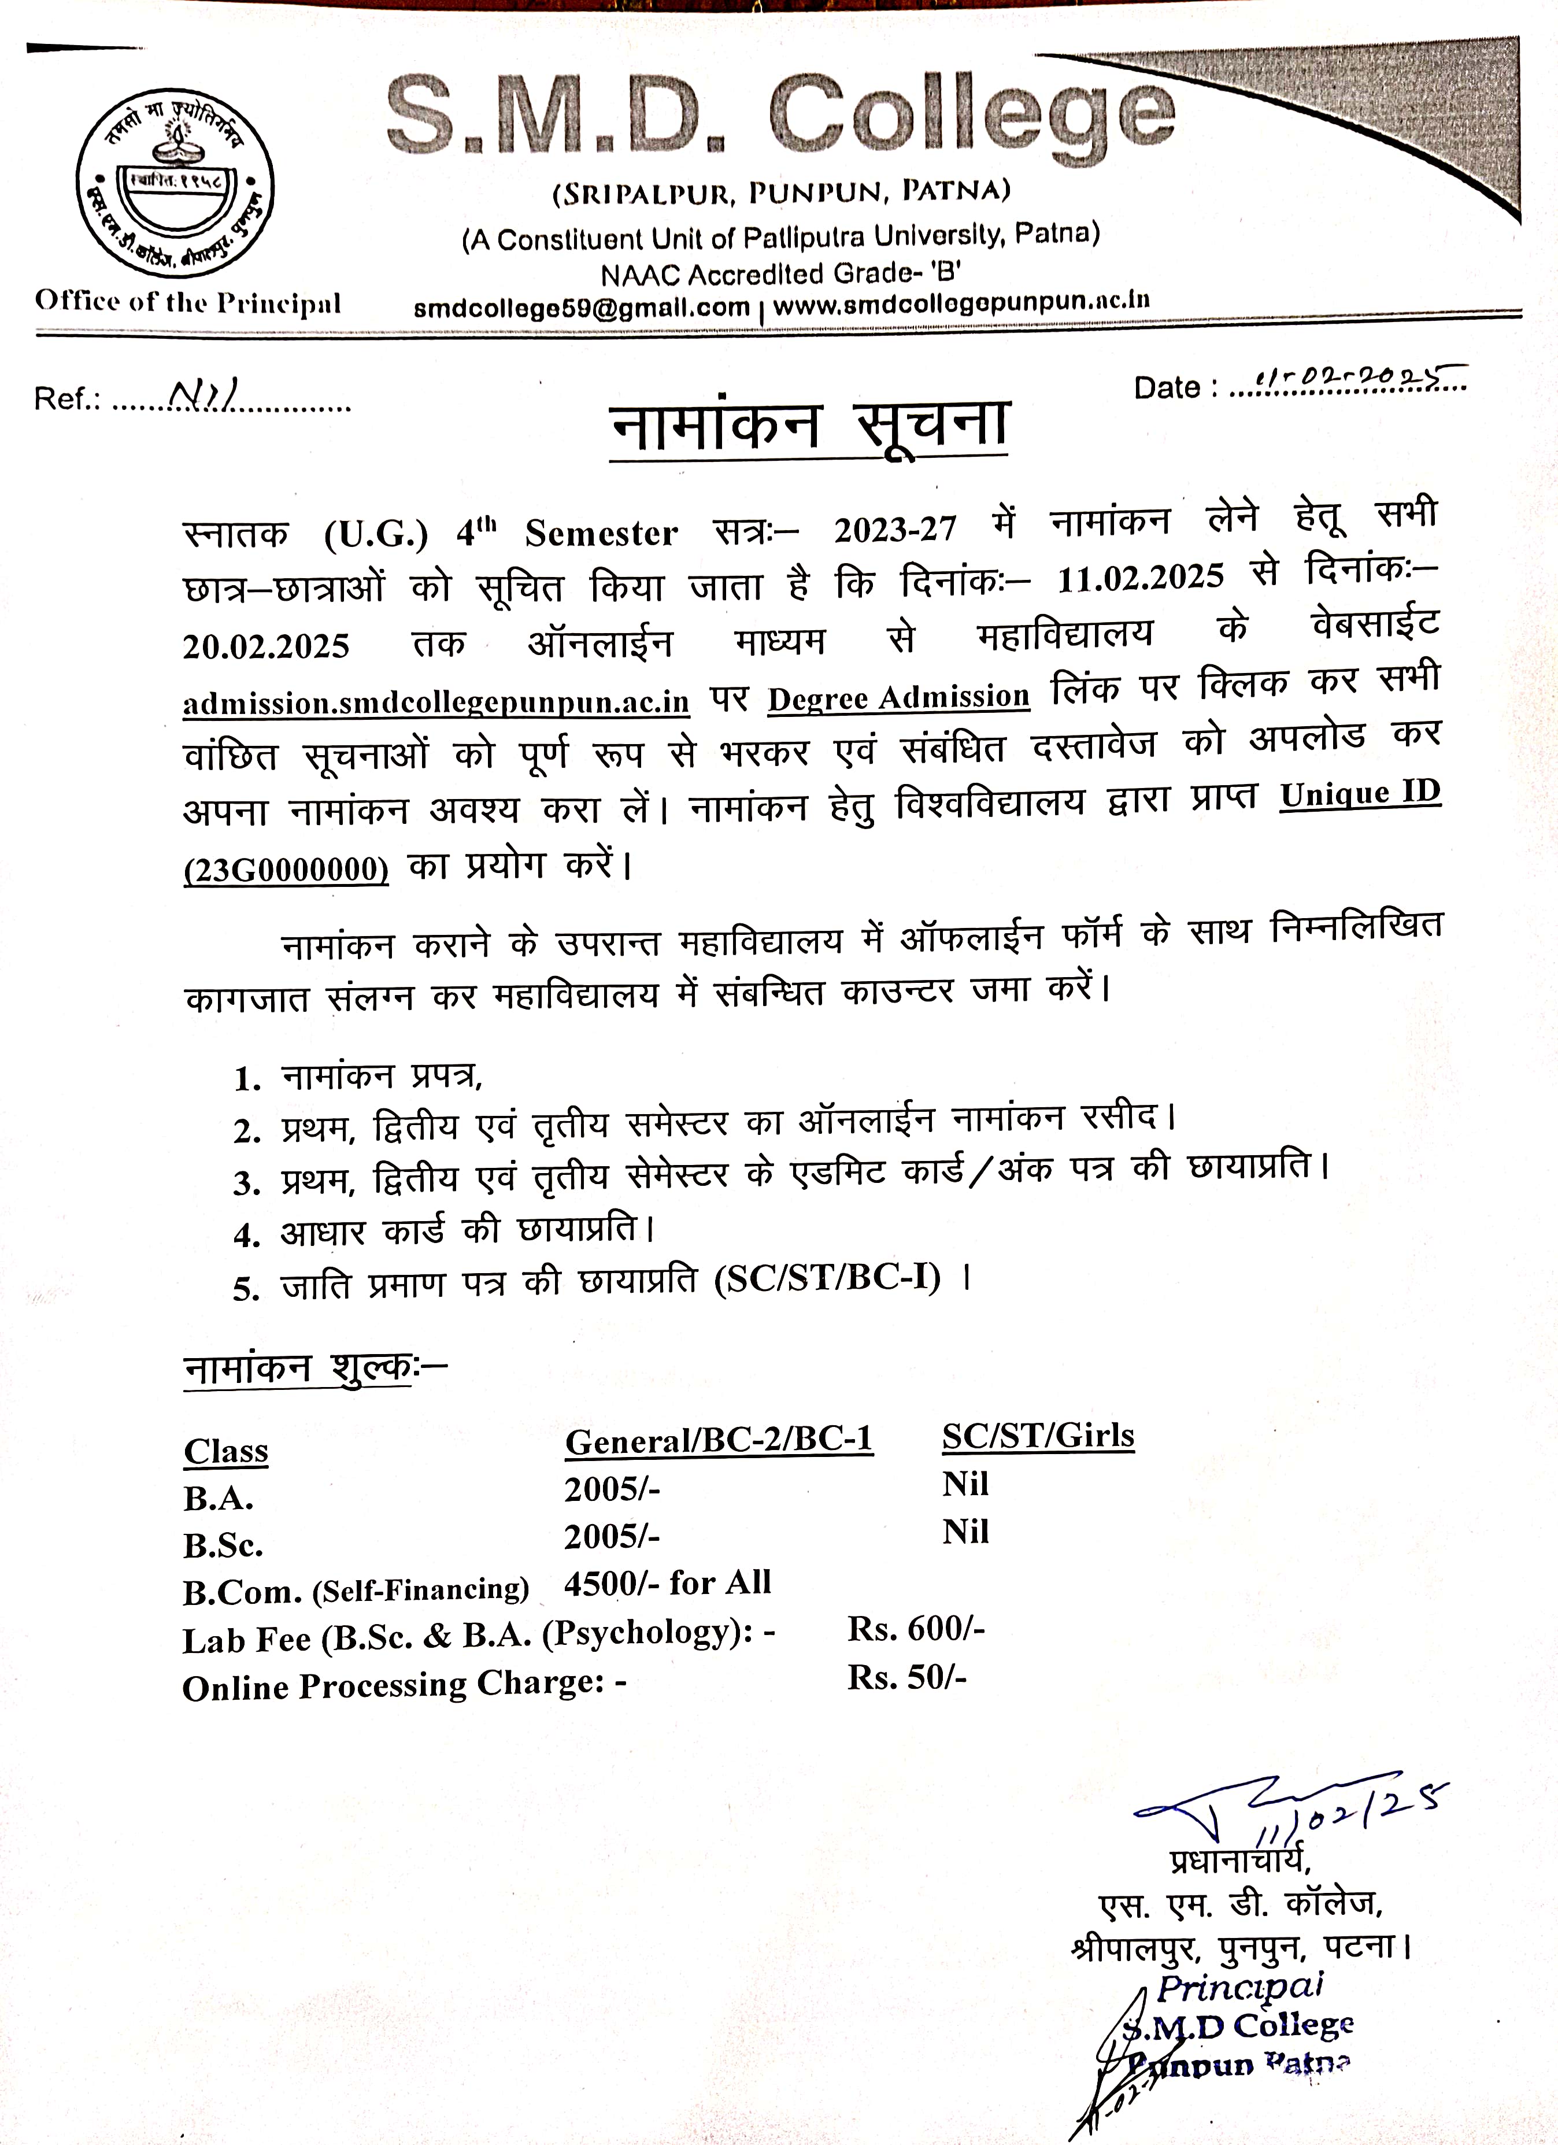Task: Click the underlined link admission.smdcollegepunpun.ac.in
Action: pyautogui.click(x=436, y=702)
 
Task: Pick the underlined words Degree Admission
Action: pyautogui.click(x=898, y=697)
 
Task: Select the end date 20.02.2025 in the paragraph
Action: pyautogui.click(x=266, y=646)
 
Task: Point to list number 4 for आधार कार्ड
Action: pyautogui.click(x=247, y=1235)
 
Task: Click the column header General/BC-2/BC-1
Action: pyautogui.click(x=719, y=1440)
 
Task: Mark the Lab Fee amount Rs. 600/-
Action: pyautogui.click(x=916, y=1629)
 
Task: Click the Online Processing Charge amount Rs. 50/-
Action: pyautogui.click(x=906, y=1677)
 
